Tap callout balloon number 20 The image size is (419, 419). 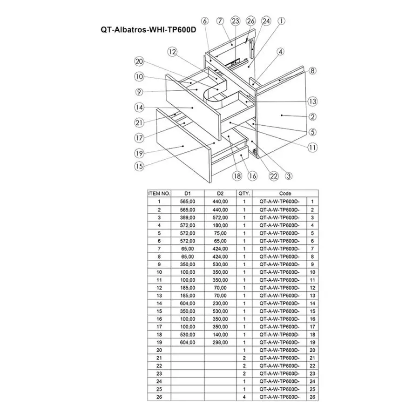(x=138, y=61)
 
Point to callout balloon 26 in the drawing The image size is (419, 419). (x=251, y=20)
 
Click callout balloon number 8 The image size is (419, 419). (x=312, y=71)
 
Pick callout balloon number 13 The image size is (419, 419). (x=312, y=101)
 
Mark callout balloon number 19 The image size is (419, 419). (x=138, y=153)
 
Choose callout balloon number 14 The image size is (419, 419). (x=138, y=107)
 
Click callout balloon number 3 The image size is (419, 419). (x=289, y=176)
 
